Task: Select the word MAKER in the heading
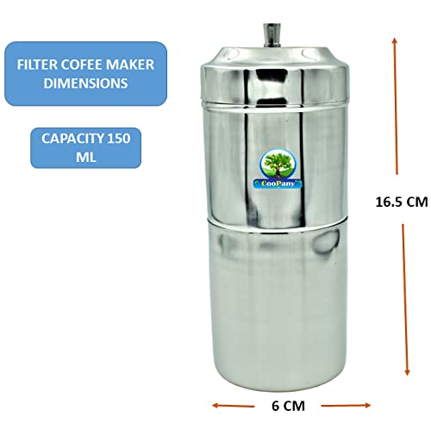tap(130, 65)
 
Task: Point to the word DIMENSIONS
tap(85, 84)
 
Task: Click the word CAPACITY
tap(72, 139)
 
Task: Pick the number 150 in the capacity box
tap(119, 139)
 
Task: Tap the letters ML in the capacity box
tap(85, 157)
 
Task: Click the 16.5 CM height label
tap(402, 202)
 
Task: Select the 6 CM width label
tap(288, 406)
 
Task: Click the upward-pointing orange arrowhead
tap(395, 40)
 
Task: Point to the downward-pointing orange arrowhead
tap(407, 372)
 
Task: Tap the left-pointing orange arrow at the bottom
tap(234, 406)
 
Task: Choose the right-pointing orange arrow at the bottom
tap(346, 406)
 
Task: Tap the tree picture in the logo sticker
tap(278, 165)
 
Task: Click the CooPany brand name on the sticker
tap(278, 184)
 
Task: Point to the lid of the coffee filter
tap(275, 75)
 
